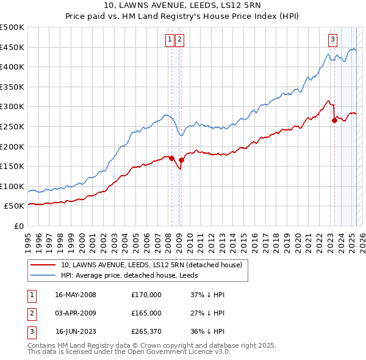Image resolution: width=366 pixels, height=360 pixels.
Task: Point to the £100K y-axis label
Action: coord(12,186)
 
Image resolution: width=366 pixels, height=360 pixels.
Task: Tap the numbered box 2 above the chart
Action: coord(181,40)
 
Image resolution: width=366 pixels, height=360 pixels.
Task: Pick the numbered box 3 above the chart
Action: coord(332,40)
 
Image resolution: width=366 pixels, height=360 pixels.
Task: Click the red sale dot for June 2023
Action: coord(334,120)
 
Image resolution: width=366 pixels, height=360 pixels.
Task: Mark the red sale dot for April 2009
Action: coord(181,160)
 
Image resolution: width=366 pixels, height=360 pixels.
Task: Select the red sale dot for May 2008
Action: coord(171,158)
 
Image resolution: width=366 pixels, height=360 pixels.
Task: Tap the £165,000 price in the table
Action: coord(146,313)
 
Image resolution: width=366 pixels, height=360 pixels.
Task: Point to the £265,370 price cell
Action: coord(146,332)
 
